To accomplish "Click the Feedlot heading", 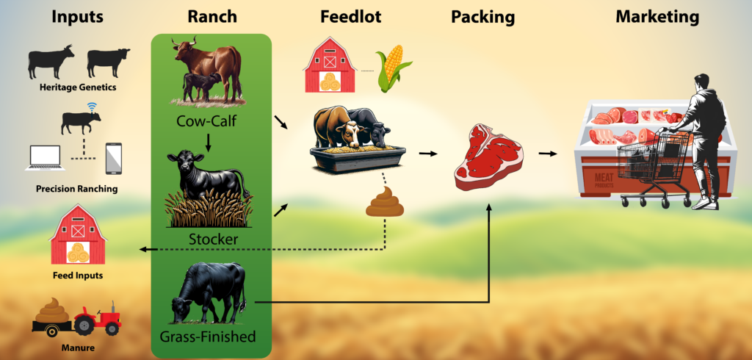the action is click(350, 17).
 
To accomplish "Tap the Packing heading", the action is click(482, 18).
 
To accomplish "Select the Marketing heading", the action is click(657, 18).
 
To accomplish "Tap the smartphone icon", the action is click(113, 159).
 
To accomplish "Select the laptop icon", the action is click(45, 159).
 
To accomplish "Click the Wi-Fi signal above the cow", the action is click(92, 106).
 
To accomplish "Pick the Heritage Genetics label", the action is click(78, 87).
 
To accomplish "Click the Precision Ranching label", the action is click(76, 189).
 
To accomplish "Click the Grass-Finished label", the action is click(207, 336).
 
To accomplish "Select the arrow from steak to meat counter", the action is click(548, 154).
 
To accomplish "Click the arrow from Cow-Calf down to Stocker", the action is click(208, 142).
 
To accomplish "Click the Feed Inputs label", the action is click(78, 276).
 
